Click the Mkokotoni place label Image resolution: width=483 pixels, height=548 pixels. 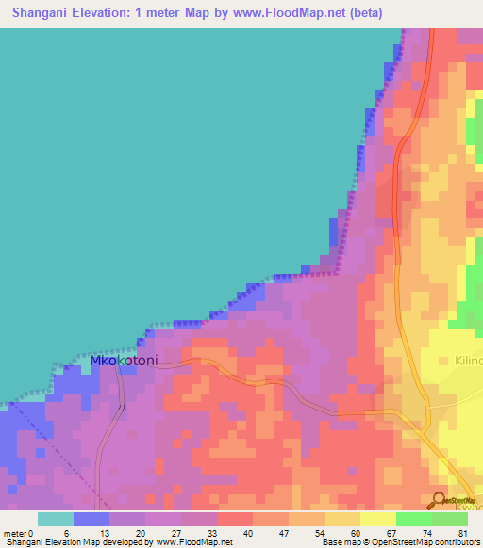pyautogui.click(x=123, y=361)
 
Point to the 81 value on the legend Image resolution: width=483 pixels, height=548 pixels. pyautogui.click(x=462, y=534)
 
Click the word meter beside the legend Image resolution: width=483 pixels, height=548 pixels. pyautogui.click(x=15, y=534)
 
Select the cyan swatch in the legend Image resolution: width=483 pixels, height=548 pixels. pyautogui.click(x=55, y=519)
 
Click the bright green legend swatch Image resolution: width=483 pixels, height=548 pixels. pyautogui.click(x=413, y=519)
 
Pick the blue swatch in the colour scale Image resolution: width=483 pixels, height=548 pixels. pyautogui.click(x=92, y=519)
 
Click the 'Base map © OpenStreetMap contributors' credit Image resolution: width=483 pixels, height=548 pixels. pyautogui.click(x=399, y=543)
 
